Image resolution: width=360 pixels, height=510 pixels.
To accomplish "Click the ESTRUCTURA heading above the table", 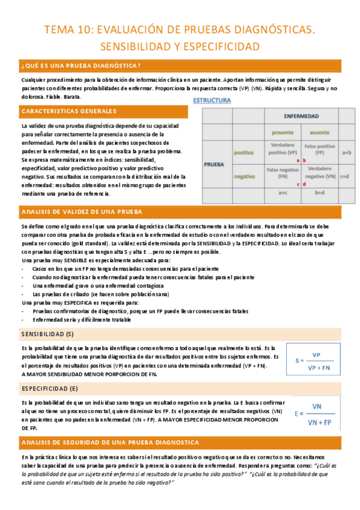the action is tap(212, 100).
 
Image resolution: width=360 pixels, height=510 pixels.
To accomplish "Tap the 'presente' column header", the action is tap(282, 132).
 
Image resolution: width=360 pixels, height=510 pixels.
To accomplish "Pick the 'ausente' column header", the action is tap(319, 132).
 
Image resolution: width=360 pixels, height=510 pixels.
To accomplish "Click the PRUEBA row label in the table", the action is tap(215, 163).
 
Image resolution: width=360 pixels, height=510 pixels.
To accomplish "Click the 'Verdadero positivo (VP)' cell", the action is tap(282, 149).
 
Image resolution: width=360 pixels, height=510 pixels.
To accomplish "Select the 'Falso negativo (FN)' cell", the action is tap(282, 173).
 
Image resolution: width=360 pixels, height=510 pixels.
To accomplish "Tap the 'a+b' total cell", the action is tap(346, 153).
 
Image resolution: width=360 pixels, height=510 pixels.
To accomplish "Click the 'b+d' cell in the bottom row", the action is tap(319, 193).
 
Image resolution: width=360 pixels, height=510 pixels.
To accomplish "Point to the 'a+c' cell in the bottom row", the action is tap(282, 193).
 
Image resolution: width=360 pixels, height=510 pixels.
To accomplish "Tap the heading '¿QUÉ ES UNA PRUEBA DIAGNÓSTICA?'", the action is tap(82, 66).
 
